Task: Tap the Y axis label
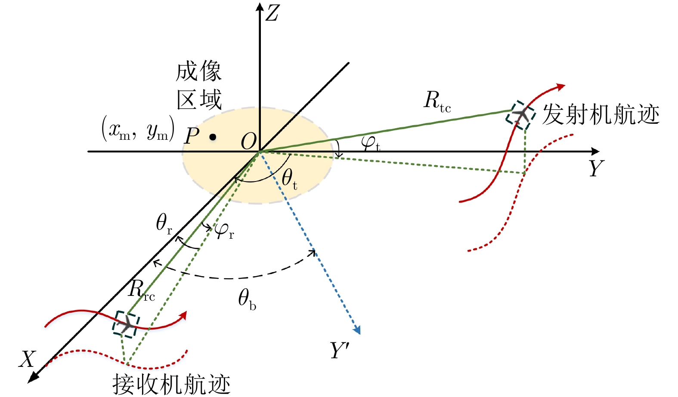596,168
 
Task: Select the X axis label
27,359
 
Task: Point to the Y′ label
340,350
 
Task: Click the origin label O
248,141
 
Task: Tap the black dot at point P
213,137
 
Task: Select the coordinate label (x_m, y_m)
138,129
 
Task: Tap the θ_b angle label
247,299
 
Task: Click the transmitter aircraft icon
520,115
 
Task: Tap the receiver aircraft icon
126,324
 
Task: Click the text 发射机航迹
601,115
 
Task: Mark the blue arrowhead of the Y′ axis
357,330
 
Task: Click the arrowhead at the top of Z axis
260,6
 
